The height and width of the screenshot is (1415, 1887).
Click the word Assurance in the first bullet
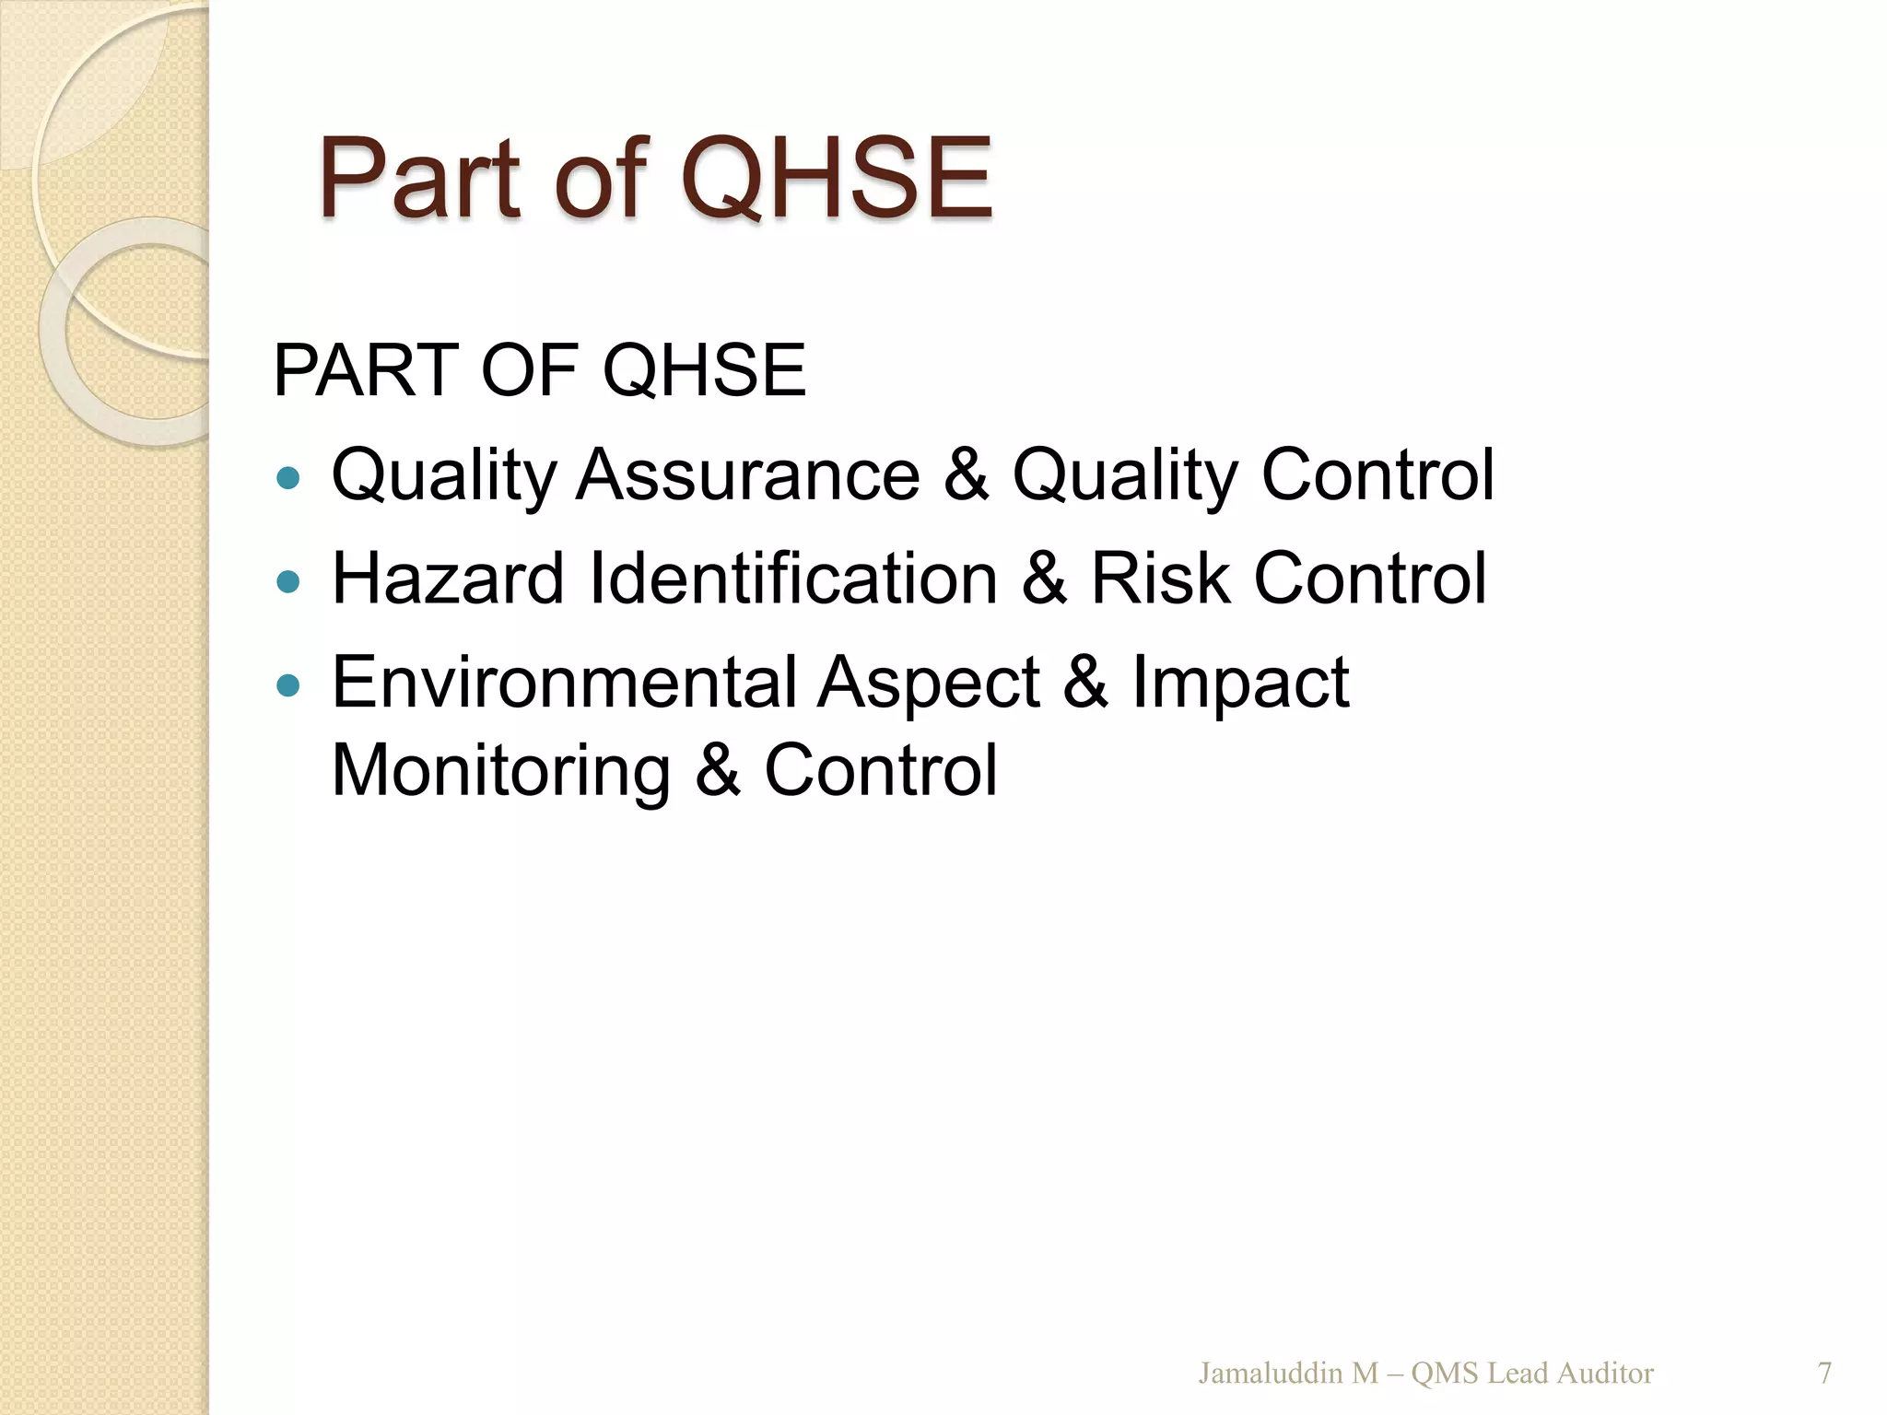tap(747, 475)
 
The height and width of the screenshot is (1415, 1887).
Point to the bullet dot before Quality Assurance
tap(288, 477)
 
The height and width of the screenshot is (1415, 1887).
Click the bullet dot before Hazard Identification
tap(288, 581)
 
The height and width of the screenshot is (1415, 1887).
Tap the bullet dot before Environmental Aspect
tap(288, 685)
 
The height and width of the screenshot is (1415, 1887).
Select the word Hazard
tap(448, 579)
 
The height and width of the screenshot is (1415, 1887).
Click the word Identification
tap(793, 579)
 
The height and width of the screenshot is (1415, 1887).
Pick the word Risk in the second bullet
tap(1160, 579)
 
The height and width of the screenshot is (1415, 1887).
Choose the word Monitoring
tap(500, 771)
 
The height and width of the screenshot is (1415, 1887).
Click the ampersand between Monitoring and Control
tap(718, 771)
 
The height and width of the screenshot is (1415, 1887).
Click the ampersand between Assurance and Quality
tap(966, 475)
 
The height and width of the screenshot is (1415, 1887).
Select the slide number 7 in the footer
tap(1824, 1374)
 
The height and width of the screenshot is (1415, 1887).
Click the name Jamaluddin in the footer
tap(1272, 1374)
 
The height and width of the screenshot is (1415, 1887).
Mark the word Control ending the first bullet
tap(1377, 475)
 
